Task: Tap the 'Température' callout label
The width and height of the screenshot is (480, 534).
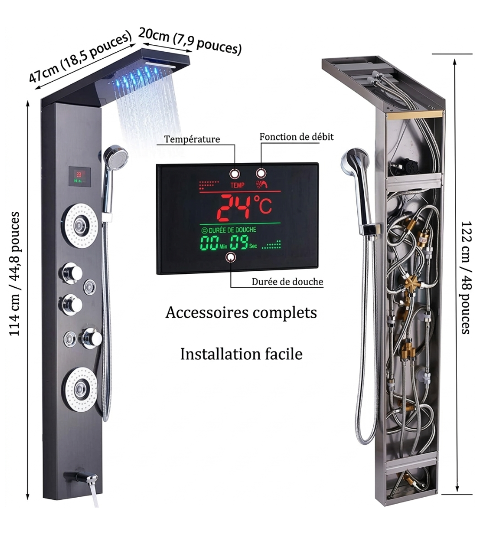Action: (x=192, y=139)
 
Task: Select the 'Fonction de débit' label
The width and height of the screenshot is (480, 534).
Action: (x=297, y=137)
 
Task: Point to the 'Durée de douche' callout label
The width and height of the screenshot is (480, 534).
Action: (x=287, y=282)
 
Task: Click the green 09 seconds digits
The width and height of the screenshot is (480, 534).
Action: (x=239, y=243)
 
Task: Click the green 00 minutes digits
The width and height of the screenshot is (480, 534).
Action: (x=209, y=243)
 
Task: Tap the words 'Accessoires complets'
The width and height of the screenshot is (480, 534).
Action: (x=241, y=312)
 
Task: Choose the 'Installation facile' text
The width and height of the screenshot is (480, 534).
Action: (x=241, y=354)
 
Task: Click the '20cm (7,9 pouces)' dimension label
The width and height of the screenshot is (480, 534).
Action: (x=190, y=41)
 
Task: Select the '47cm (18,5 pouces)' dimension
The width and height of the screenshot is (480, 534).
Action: (x=80, y=57)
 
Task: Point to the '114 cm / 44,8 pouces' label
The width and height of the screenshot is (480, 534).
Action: (x=14, y=274)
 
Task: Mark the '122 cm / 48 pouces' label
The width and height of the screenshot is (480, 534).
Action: (x=466, y=278)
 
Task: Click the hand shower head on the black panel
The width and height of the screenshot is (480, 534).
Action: (x=116, y=156)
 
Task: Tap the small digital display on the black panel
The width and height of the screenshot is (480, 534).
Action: (x=79, y=176)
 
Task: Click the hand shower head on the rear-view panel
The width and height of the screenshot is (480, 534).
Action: (x=354, y=162)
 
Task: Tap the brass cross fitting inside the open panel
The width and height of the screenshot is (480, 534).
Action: (x=413, y=284)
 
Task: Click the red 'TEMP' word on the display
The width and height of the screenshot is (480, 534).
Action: (x=237, y=185)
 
